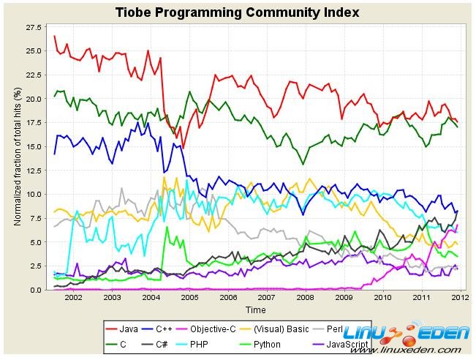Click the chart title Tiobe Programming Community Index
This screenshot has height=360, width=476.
click(238, 12)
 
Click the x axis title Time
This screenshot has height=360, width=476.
click(255, 310)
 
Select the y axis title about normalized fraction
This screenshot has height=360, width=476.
click(17, 157)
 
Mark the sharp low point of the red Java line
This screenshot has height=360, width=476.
click(184, 149)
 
